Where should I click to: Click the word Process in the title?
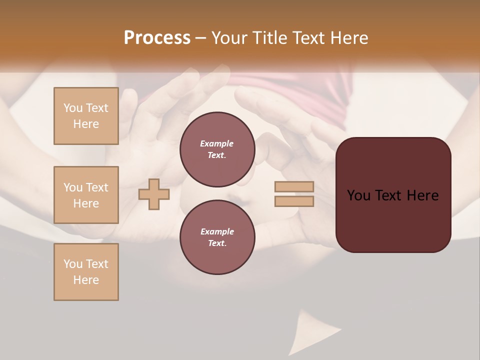coord(157,38)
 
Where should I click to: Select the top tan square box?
coord(86,116)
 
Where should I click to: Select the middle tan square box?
coord(86,195)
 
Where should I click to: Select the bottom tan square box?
coord(86,272)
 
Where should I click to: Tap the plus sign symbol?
coord(154,194)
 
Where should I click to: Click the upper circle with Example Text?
coord(217,149)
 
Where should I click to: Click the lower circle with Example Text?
coord(217,237)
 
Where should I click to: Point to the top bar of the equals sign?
coord(294,187)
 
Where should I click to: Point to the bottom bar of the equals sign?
coord(294,201)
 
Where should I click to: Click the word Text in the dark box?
coord(392,195)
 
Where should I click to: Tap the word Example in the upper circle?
coord(217,143)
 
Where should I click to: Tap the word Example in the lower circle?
coord(217,231)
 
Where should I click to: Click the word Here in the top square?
coord(86,124)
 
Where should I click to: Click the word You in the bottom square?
coord(73,264)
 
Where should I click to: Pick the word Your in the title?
coord(230,38)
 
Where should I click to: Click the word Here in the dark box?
coord(422,195)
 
